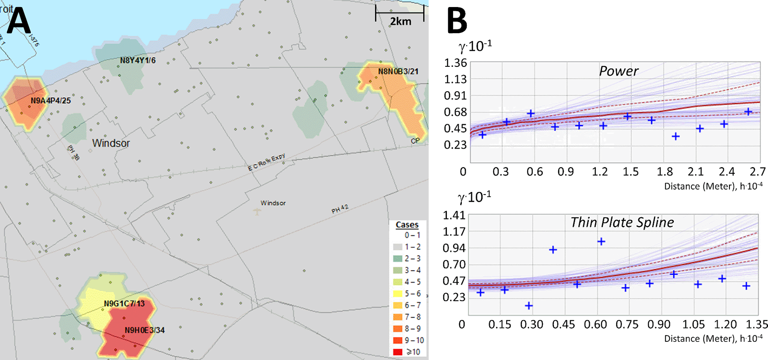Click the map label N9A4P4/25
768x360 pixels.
(50, 101)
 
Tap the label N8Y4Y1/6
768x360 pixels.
(138, 61)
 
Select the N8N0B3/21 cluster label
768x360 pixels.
(398, 72)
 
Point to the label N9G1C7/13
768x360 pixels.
(124, 304)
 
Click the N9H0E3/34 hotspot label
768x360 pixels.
(145, 330)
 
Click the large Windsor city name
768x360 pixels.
(111, 143)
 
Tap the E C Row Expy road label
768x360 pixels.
(266, 162)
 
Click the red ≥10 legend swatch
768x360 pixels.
(398, 352)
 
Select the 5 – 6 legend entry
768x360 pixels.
(407, 294)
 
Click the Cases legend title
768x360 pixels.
(407, 225)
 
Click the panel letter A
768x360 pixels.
(19, 21)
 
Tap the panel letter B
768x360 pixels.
(457, 21)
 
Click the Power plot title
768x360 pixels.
(618, 71)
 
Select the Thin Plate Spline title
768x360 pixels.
(622, 222)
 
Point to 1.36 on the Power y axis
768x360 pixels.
(455, 63)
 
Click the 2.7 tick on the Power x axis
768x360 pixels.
(757, 172)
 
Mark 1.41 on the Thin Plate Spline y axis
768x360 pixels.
(454, 215)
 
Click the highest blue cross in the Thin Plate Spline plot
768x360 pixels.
(601, 241)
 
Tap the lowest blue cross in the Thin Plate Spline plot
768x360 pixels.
(529, 306)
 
